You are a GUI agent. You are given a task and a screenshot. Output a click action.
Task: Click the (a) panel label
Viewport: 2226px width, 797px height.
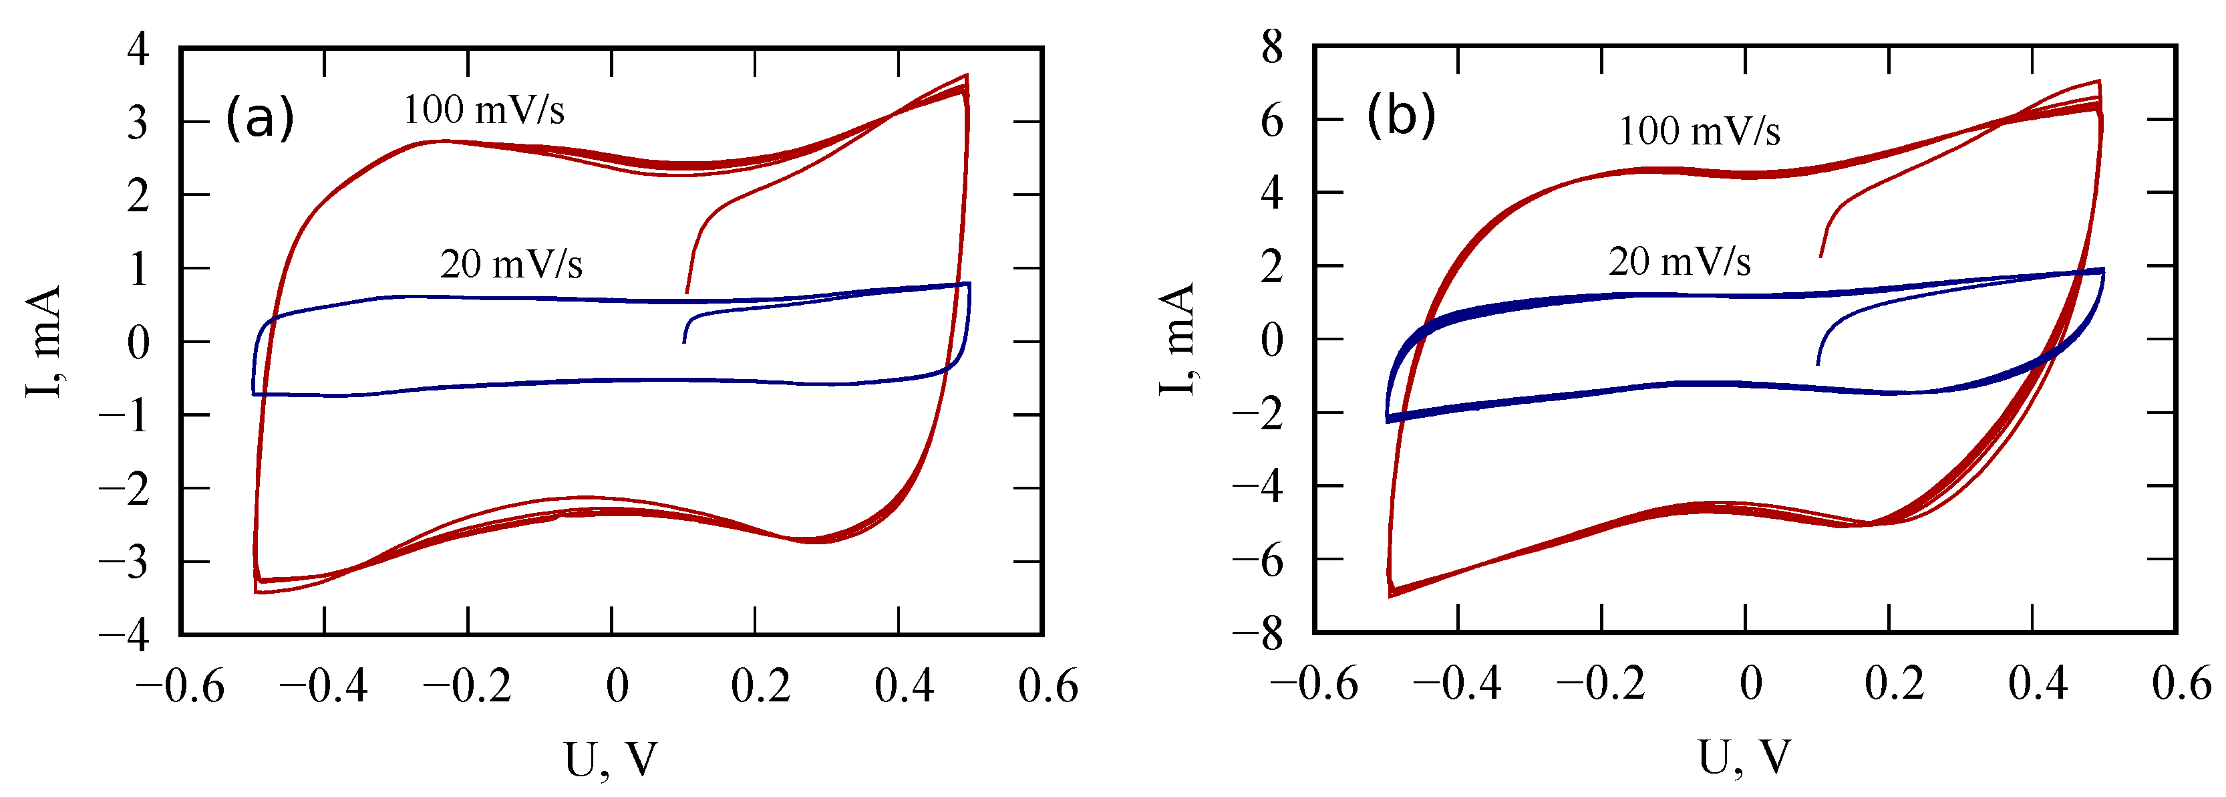259,118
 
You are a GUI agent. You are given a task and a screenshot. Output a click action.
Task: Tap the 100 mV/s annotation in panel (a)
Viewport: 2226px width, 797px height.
484,110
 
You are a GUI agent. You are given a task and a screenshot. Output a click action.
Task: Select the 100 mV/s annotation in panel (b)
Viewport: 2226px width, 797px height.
1699,132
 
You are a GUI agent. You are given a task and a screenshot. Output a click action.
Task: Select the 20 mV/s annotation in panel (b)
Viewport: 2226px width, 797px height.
1679,261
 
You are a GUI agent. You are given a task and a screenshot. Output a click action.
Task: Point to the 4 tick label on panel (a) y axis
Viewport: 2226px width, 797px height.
138,48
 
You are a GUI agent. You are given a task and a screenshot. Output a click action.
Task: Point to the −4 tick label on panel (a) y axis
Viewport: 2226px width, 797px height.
126,635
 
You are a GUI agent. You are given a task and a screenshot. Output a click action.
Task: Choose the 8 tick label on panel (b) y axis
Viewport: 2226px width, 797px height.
1272,46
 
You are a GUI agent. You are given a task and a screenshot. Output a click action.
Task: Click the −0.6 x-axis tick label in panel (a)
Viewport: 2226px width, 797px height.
180,687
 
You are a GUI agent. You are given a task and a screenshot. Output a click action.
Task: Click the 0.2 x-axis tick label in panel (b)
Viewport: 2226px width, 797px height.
1893,684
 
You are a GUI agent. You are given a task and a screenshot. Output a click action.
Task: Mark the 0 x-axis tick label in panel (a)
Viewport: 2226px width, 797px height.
616,687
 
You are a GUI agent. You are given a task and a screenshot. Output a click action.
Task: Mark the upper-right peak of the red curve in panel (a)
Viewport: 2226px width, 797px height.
966,75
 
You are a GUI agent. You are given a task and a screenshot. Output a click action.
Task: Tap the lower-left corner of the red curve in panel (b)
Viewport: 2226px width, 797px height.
1390,596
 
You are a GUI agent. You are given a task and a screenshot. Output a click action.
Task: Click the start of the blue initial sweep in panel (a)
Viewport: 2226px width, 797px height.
683,342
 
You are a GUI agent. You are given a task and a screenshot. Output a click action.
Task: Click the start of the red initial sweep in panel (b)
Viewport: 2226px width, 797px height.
1820,257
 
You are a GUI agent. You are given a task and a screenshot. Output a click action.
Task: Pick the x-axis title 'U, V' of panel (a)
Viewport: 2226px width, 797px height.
611,760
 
